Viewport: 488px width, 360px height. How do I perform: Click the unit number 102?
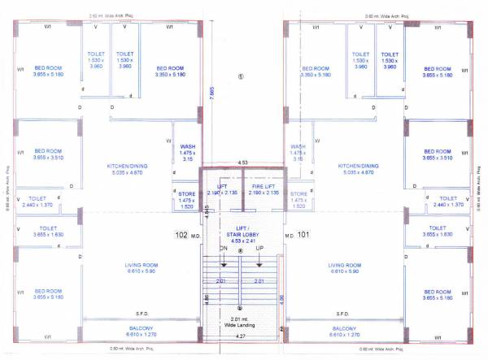click(181, 235)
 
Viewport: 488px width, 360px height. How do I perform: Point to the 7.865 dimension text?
click(211, 96)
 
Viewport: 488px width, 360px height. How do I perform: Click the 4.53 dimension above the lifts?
click(242, 163)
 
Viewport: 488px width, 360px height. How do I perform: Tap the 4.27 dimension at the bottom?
click(241, 336)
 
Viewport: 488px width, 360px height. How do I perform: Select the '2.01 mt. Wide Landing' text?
click(242, 322)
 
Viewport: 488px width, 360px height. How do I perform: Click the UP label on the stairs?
click(259, 248)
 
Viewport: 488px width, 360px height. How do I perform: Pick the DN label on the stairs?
click(223, 248)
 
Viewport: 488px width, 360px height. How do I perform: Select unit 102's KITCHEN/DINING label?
click(131, 169)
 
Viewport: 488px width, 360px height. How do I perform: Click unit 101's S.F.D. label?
click(343, 314)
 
